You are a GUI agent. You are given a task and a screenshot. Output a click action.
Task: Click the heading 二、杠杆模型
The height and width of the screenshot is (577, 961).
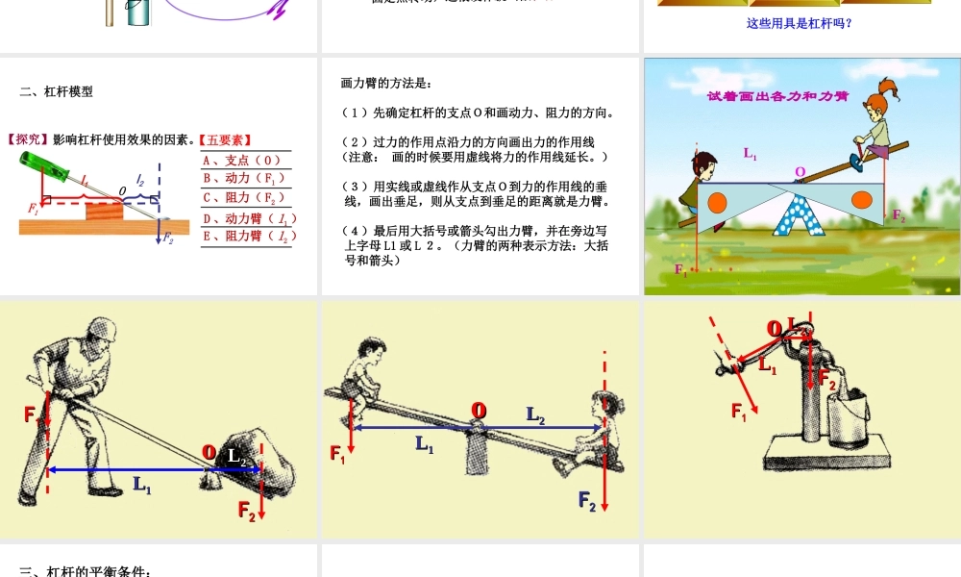(x=57, y=92)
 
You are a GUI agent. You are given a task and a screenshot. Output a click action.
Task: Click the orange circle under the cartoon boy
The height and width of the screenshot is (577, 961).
(x=720, y=202)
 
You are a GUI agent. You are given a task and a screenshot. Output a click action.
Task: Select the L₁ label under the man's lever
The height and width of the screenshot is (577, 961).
(x=142, y=487)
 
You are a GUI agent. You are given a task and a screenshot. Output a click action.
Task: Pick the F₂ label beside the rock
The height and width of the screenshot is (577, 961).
(x=247, y=511)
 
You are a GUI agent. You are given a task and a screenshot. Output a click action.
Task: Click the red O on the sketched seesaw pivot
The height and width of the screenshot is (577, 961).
(x=478, y=411)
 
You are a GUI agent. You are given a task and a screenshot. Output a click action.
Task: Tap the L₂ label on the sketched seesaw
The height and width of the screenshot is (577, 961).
(x=535, y=414)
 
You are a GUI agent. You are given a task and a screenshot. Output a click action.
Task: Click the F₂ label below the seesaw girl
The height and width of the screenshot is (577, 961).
(x=587, y=499)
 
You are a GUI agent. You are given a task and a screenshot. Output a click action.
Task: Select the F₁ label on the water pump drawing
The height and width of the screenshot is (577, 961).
(x=739, y=412)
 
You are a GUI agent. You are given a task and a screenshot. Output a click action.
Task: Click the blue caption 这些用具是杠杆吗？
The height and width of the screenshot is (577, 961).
(x=799, y=23)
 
